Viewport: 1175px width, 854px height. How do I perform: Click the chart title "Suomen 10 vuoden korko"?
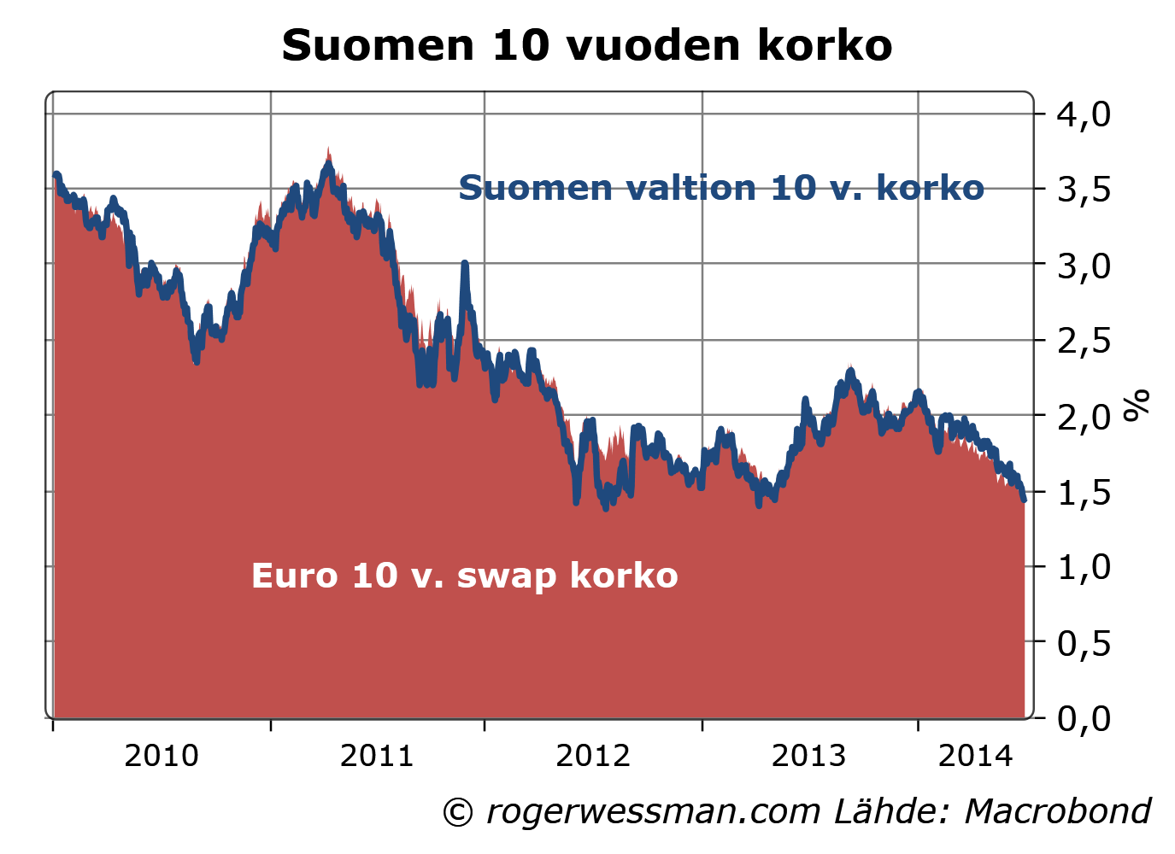587,45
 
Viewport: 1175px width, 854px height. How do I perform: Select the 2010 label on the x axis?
161,756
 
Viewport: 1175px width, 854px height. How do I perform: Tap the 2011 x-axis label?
377,756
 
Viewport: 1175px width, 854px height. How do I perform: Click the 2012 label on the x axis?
593,756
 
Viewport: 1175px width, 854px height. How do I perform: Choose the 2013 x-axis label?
808,756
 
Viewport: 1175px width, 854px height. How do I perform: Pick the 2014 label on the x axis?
975,756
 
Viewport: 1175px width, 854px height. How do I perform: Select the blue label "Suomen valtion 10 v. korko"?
721,188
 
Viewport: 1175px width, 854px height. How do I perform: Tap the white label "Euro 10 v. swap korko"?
464,576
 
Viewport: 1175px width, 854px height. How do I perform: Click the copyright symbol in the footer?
457,812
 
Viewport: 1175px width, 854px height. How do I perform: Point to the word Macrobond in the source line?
1057,811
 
